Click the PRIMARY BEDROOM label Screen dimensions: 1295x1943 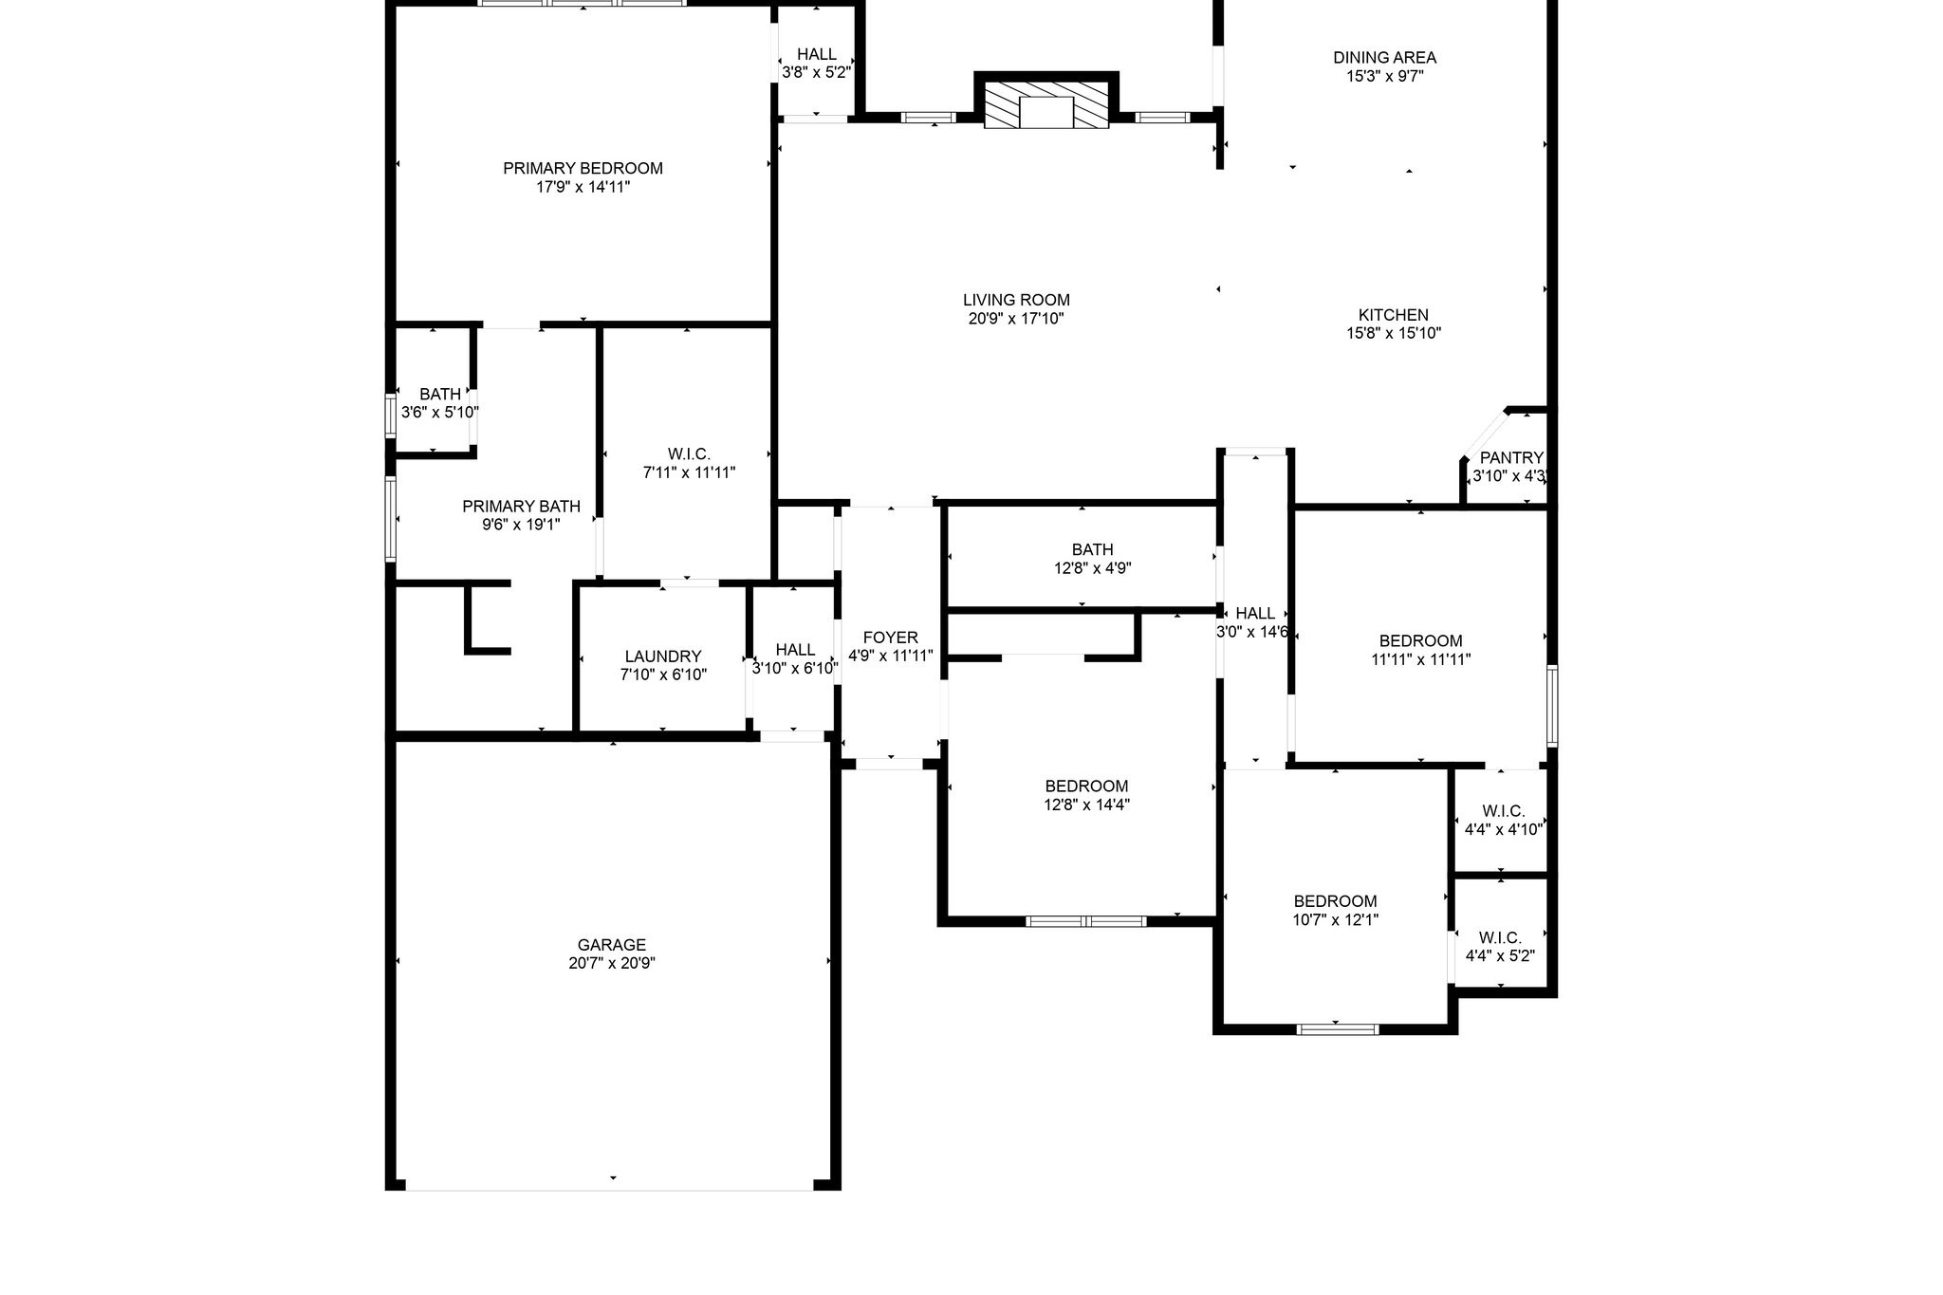coord(583,169)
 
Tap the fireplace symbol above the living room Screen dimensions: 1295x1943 coord(1046,105)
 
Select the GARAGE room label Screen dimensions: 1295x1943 coord(612,945)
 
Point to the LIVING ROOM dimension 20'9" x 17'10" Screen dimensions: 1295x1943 coord(1016,319)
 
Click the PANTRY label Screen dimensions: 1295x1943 coord(1511,458)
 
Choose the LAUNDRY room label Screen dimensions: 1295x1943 coord(663,657)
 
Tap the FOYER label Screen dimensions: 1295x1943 coord(890,638)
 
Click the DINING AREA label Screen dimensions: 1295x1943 coord(1384,58)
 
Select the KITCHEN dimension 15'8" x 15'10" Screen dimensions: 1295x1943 coord(1394,333)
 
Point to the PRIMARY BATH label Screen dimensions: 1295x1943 coord(521,507)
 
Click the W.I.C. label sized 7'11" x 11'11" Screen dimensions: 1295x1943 coord(689,454)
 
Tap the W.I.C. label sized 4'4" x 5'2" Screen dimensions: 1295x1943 coord(1500,938)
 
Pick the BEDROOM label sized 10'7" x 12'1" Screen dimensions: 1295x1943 coord(1335,901)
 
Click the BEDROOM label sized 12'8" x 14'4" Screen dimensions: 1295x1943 coord(1086,786)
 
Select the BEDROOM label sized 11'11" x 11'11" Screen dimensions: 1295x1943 coord(1420,641)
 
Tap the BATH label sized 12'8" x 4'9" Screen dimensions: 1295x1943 coord(1092,550)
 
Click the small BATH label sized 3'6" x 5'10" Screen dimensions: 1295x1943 coord(440,395)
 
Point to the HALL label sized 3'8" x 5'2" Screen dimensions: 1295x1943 coord(816,55)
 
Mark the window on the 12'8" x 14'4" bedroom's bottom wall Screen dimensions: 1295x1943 coord(1086,920)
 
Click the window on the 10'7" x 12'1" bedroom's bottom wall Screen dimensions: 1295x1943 coord(1337,1028)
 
